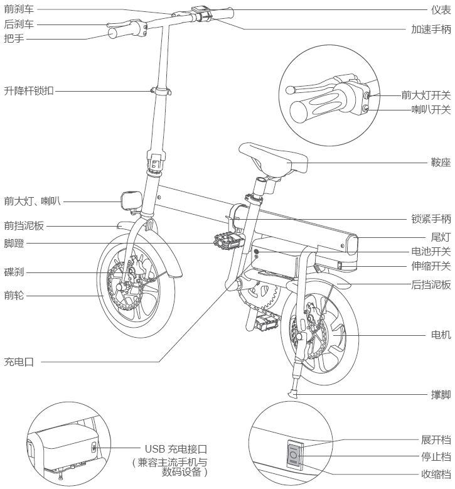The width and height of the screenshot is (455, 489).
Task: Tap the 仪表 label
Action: click(x=439, y=11)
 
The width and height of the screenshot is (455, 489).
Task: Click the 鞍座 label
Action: click(x=439, y=144)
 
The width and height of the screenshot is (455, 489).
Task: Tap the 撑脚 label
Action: click(x=439, y=395)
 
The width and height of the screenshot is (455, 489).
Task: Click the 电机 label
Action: click(x=439, y=335)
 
